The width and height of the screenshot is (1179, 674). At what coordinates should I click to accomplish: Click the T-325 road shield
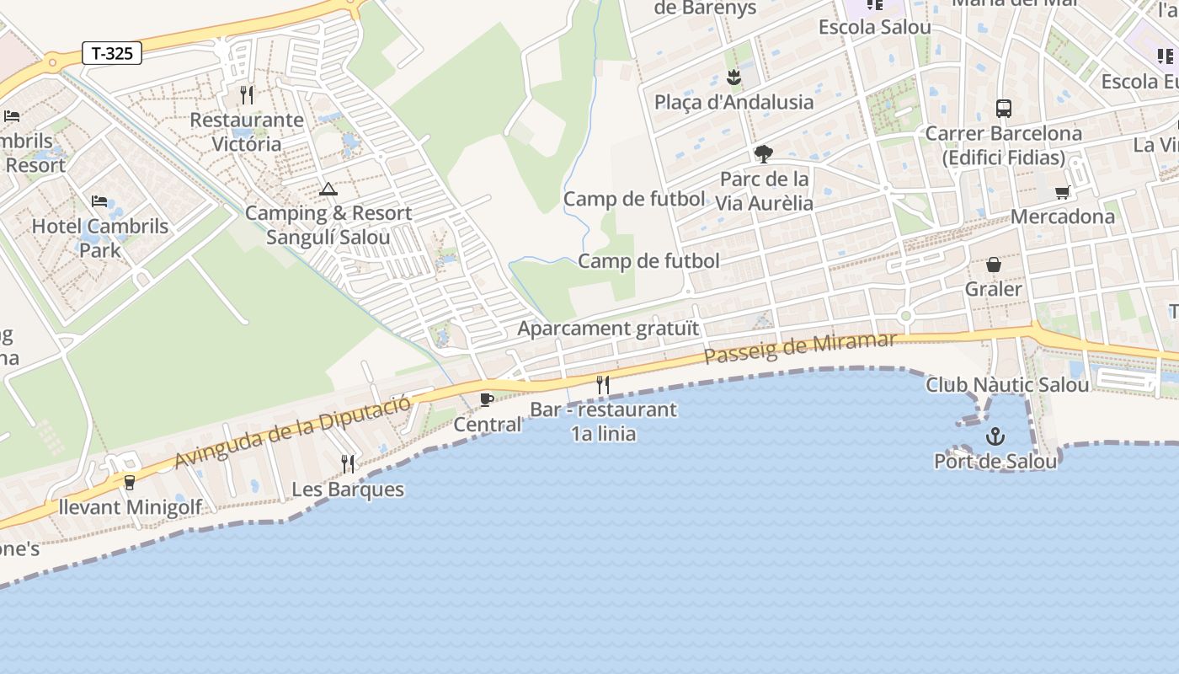click(112, 53)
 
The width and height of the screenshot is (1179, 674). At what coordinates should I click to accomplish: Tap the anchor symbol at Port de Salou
click(995, 436)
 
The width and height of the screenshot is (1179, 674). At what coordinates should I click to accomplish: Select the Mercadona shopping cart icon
click(1063, 192)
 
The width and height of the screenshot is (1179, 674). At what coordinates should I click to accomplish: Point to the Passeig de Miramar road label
click(800, 348)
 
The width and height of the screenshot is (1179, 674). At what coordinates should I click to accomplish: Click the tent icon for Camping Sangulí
click(328, 189)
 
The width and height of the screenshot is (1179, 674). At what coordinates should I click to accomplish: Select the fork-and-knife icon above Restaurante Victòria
click(246, 94)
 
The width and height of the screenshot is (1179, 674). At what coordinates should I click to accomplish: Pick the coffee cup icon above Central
click(486, 399)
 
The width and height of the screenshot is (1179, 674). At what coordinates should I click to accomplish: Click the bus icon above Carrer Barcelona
click(1003, 108)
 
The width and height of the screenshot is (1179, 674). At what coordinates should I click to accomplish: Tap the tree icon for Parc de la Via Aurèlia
click(764, 154)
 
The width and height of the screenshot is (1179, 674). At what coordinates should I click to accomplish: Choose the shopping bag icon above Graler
click(994, 265)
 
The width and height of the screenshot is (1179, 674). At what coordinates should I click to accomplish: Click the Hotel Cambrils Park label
click(100, 238)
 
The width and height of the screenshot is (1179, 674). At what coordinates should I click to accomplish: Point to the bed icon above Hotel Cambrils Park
click(99, 201)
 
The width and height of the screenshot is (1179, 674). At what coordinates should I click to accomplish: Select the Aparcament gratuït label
click(608, 329)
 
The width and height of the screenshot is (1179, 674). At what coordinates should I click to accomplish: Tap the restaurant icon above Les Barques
click(347, 463)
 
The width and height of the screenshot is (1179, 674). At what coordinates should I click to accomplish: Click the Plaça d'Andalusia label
click(734, 102)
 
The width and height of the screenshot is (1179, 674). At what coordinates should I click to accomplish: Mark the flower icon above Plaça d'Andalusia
click(734, 78)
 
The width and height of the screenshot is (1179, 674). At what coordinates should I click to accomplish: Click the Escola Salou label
click(875, 27)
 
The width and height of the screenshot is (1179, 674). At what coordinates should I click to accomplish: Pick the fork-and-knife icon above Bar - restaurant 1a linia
click(602, 385)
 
